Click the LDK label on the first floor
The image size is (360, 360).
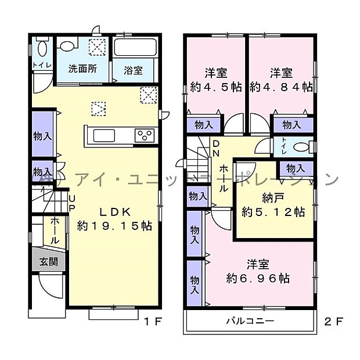(114, 211)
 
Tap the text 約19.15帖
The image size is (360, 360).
(114, 226)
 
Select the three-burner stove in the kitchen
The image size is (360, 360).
(144, 135)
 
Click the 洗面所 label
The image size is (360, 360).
(82, 69)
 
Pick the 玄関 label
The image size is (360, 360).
(49, 261)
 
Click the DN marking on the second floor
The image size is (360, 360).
(215, 148)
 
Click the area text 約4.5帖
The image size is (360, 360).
(215, 87)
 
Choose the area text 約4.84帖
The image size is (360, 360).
(281, 87)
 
